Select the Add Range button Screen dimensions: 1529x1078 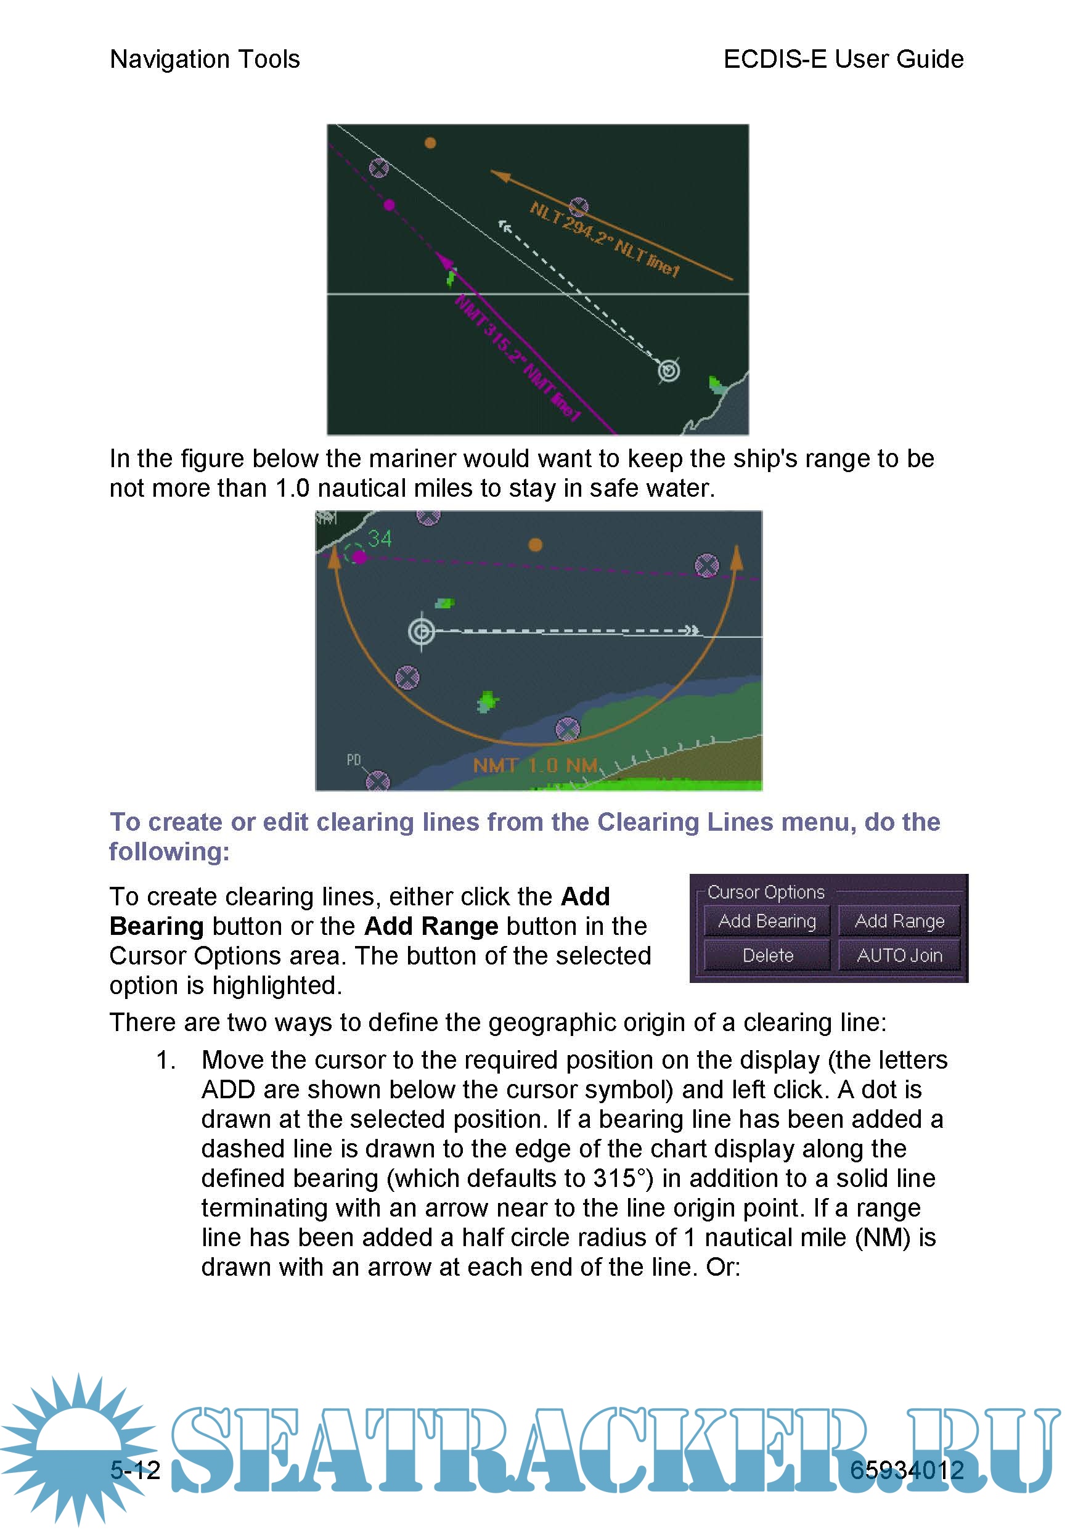tap(899, 921)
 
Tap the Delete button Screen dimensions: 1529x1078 tap(767, 956)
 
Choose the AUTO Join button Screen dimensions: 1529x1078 tap(899, 956)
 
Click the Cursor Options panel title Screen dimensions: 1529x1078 tap(765, 892)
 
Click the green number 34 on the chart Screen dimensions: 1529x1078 tap(380, 538)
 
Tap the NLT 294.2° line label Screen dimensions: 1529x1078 tap(604, 239)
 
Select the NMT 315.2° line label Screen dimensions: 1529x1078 tap(517, 359)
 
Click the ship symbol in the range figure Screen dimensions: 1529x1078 tap(422, 630)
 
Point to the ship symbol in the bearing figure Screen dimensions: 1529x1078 tap(669, 370)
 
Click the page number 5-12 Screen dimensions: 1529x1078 tap(135, 1470)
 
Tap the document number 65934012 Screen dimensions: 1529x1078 tap(906, 1470)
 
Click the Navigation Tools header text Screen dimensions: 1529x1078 tap(205, 59)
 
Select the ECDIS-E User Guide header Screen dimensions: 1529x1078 tap(843, 59)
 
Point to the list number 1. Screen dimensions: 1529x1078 tap(165, 1060)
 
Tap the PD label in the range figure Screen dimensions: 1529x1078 tap(354, 760)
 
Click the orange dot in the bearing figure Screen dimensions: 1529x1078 tap(430, 142)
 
